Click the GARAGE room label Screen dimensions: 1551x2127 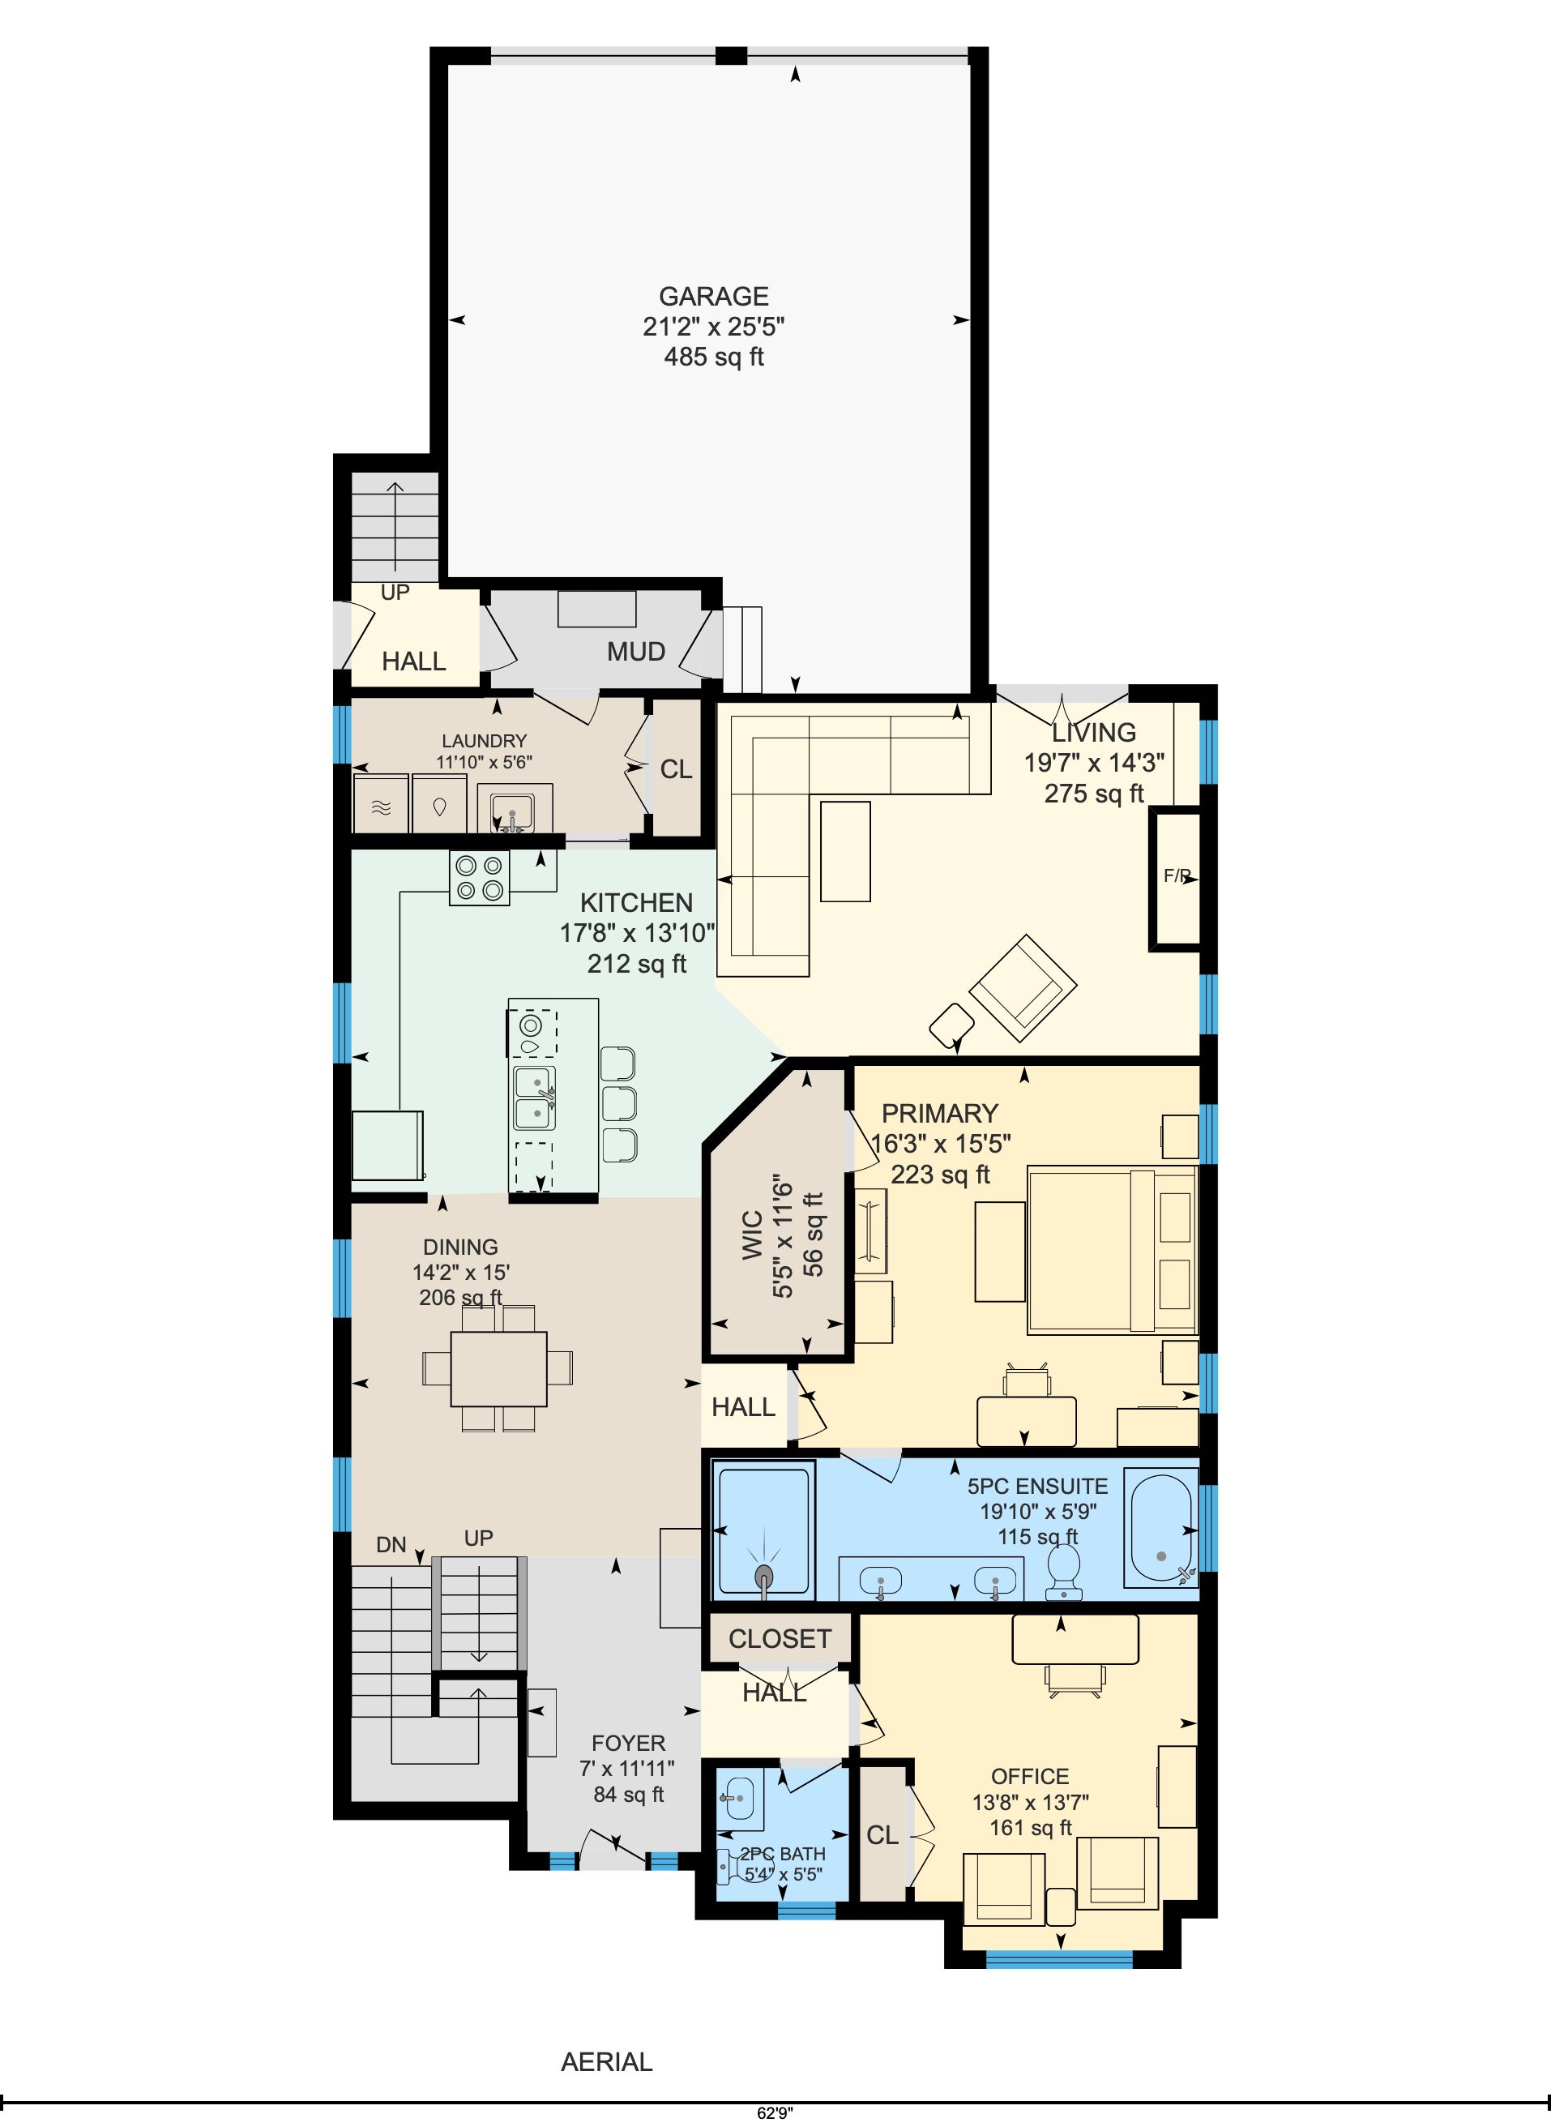click(x=714, y=297)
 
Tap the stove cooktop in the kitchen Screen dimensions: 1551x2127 click(x=480, y=877)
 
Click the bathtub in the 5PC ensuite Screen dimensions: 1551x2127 click(x=1162, y=1530)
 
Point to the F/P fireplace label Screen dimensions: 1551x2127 click(x=1177, y=875)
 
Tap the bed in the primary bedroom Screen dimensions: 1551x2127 click(x=1113, y=1249)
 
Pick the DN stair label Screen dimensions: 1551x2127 click(x=391, y=1545)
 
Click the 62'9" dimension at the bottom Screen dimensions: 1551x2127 click(x=775, y=2114)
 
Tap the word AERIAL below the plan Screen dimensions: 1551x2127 click(x=606, y=2062)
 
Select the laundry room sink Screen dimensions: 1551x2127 click(x=513, y=807)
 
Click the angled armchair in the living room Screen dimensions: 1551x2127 click(x=1023, y=987)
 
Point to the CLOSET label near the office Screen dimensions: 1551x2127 click(x=780, y=1639)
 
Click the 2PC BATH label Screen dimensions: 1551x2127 click(x=783, y=1854)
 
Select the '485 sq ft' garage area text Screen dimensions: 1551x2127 click(x=714, y=357)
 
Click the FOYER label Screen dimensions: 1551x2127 click(x=628, y=1743)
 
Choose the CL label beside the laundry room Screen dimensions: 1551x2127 click(x=676, y=769)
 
